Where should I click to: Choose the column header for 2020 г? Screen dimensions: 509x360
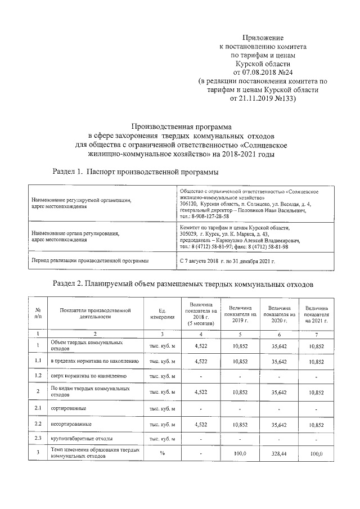coord(279,313)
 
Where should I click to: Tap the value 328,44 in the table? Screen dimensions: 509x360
coord(279,453)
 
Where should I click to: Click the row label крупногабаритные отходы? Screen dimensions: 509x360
coord(84,438)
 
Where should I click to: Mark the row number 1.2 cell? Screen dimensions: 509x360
coord(38,376)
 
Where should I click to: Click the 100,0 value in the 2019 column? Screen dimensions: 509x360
coord(240,453)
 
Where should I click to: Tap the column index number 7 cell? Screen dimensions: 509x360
coord(318,334)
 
